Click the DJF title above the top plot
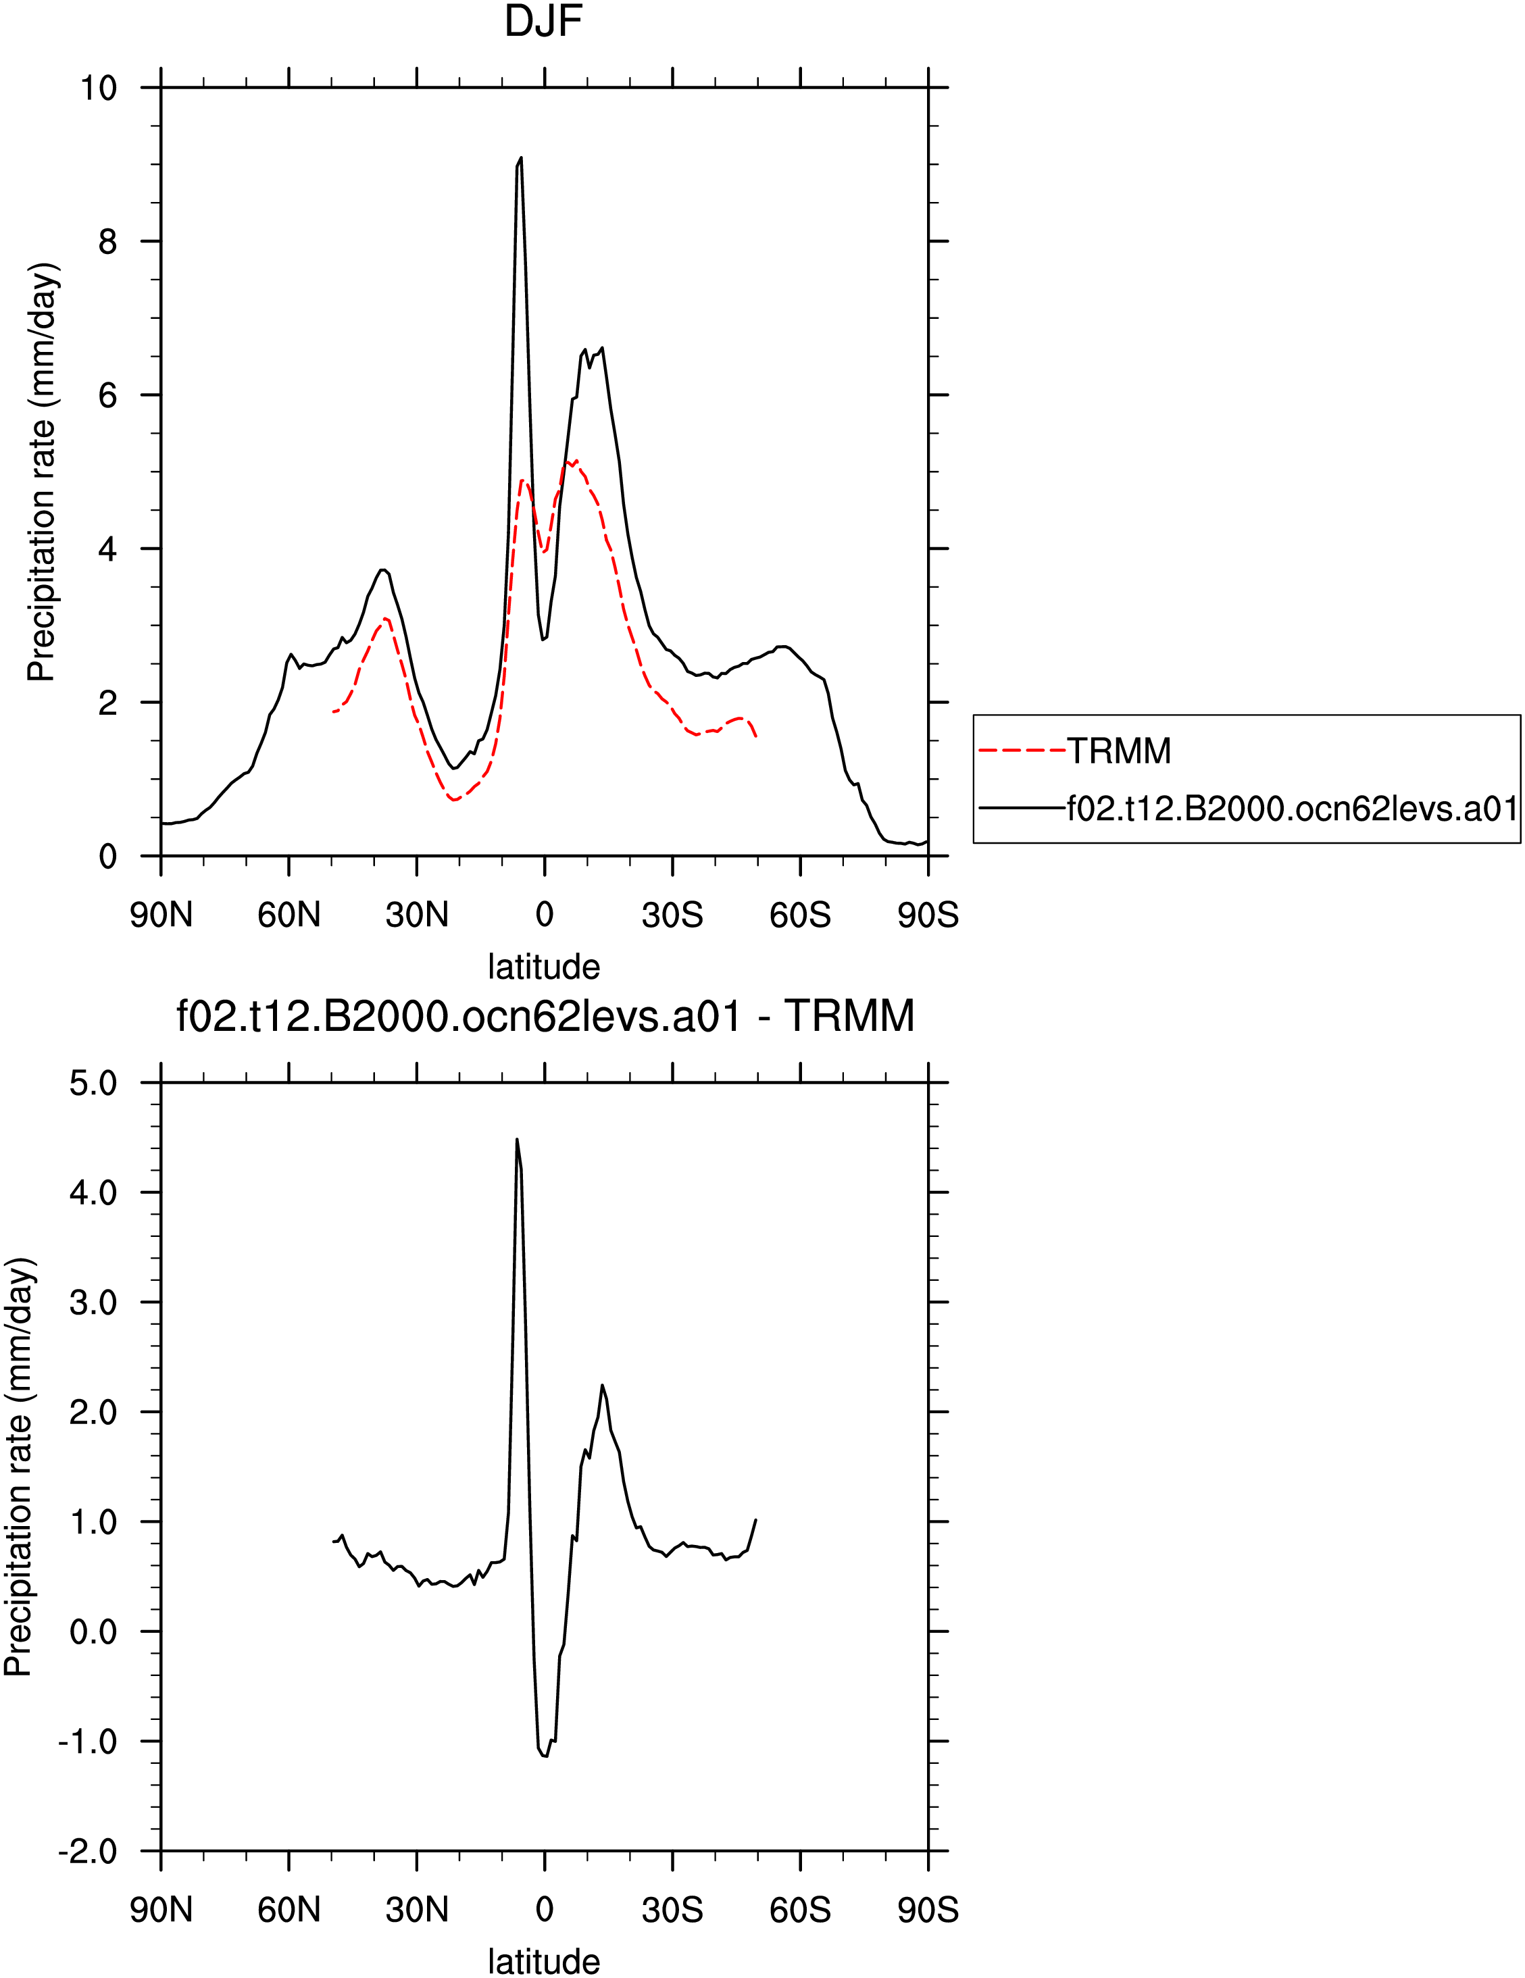pyautogui.click(x=543, y=22)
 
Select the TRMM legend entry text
pyautogui.click(x=1120, y=751)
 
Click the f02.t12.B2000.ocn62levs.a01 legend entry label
pyautogui.click(x=1293, y=808)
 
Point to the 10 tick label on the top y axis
pyautogui.click(x=99, y=88)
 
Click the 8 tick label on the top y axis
pyautogui.click(x=107, y=242)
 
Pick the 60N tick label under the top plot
pyautogui.click(x=289, y=915)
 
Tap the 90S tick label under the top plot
pyautogui.click(x=928, y=915)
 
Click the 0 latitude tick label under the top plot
pyautogui.click(x=544, y=915)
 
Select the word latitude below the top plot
pyautogui.click(x=544, y=967)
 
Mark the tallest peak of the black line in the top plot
pyautogui.click(x=521, y=157)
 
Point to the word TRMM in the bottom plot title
pyautogui.click(x=849, y=1016)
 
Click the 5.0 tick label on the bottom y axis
pyautogui.click(x=93, y=1083)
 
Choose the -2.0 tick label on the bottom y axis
pyautogui.click(x=88, y=1851)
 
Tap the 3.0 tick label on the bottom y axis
pyautogui.click(x=93, y=1302)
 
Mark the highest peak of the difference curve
pyautogui.click(x=517, y=1140)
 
